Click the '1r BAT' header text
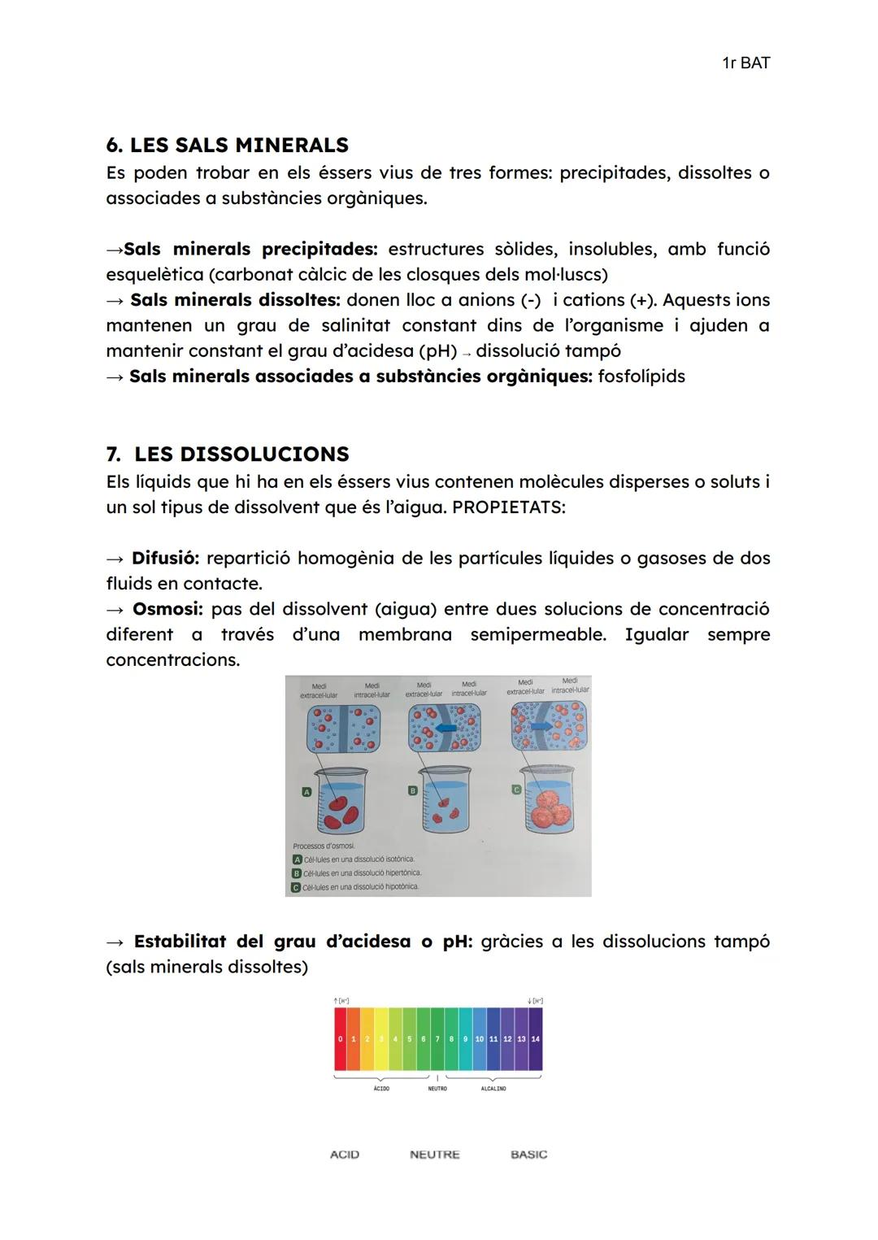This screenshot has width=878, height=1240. (745, 63)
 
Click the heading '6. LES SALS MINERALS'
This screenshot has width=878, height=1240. (227, 145)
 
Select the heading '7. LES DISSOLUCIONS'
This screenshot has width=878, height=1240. (228, 454)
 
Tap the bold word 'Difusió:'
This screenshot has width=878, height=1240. (166, 558)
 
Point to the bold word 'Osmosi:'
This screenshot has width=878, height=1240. (167, 609)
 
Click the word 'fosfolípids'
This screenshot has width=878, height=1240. (641, 376)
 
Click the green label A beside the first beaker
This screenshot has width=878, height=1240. (306, 791)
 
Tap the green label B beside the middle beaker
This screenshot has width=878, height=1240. (412, 790)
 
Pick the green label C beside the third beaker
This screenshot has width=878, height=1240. (516, 790)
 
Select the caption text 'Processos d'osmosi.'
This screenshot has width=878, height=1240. (324, 846)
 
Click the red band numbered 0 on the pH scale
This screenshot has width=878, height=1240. (340, 1039)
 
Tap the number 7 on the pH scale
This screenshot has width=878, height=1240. (437, 1039)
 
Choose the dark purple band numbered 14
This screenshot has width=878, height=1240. (535, 1039)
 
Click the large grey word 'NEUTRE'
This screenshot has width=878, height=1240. (434, 1155)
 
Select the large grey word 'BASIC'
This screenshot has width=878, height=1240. (528, 1155)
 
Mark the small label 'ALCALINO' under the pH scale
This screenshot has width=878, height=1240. (493, 1089)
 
